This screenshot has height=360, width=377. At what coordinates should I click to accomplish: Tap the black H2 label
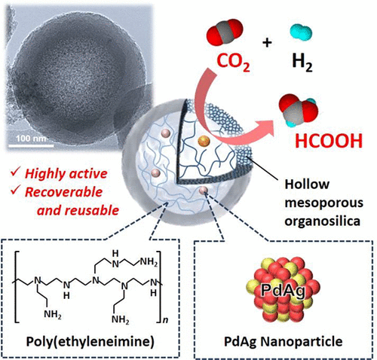(302, 63)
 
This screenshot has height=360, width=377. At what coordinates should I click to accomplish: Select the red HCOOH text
(329, 141)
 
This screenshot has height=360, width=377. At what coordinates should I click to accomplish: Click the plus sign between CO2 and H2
(267, 43)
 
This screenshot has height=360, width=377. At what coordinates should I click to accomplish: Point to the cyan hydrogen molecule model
(301, 32)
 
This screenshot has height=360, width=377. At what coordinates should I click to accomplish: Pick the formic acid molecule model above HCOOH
(299, 111)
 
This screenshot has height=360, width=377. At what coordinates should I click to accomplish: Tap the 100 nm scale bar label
(31, 139)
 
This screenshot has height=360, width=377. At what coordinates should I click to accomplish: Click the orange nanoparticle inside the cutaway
(204, 141)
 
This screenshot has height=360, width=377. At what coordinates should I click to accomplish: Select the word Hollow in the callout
(307, 185)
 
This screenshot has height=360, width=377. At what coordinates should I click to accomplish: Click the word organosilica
(323, 221)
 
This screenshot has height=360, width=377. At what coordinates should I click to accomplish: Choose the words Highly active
(66, 174)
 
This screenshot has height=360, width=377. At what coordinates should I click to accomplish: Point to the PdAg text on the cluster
(283, 290)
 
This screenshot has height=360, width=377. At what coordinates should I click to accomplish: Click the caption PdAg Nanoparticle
(284, 341)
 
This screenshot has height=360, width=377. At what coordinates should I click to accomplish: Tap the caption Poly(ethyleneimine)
(90, 342)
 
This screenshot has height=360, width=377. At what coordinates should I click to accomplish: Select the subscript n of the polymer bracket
(166, 320)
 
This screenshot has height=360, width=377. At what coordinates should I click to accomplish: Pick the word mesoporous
(324, 203)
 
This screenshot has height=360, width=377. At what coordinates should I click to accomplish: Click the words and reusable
(78, 210)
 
